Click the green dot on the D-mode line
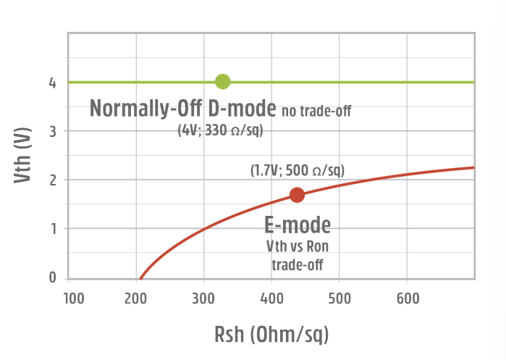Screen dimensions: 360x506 click(223, 82)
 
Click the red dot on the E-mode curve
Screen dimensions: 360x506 click(297, 195)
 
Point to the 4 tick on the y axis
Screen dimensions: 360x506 click(52, 83)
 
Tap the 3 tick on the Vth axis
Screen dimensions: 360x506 click(52, 131)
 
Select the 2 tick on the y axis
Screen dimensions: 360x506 click(52, 180)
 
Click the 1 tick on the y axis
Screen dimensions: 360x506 click(52, 228)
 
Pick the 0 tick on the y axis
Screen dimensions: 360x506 click(52, 277)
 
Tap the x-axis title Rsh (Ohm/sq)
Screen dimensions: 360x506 click(271, 335)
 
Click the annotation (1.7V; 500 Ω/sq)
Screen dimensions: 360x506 click(298, 170)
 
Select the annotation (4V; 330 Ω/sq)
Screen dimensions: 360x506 click(220, 130)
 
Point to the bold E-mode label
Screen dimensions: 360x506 click(298, 225)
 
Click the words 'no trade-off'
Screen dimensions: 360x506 click(321, 111)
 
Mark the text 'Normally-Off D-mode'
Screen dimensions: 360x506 click(182, 109)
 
